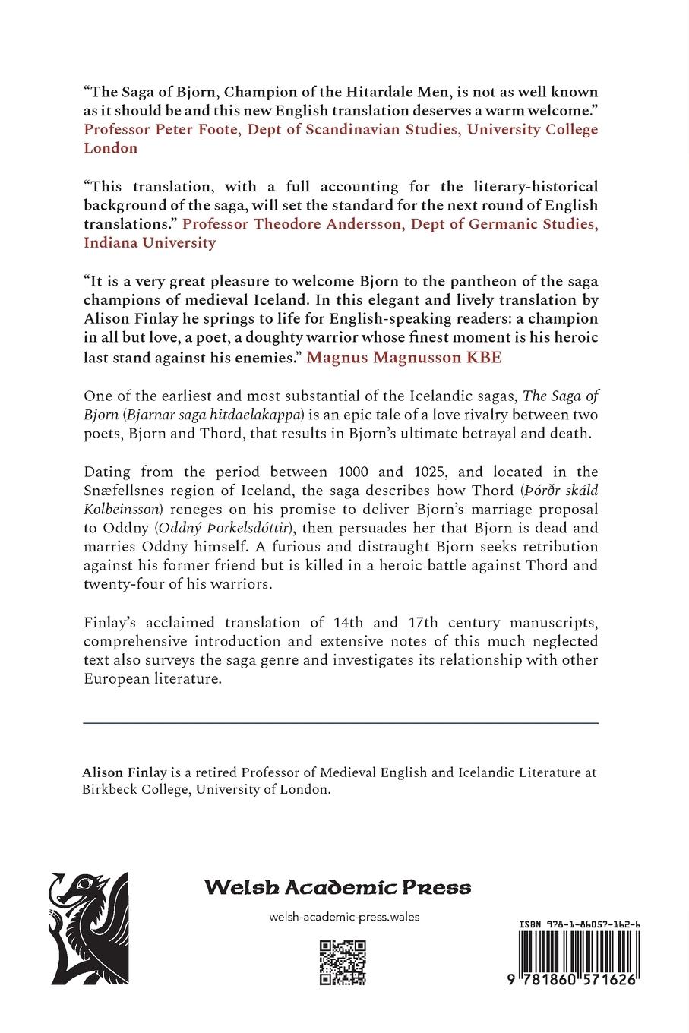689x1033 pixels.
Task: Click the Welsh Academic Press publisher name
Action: click(x=337, y=887)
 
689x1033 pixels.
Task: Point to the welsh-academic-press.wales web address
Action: click(x=344, y=917)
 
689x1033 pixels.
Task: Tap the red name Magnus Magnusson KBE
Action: click(x=404, y=357)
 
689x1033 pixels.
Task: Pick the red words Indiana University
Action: click(x=150, y=243)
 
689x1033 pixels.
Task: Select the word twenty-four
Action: click(x=122, y=585)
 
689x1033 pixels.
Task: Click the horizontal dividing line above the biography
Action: click(x=340, y=722)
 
